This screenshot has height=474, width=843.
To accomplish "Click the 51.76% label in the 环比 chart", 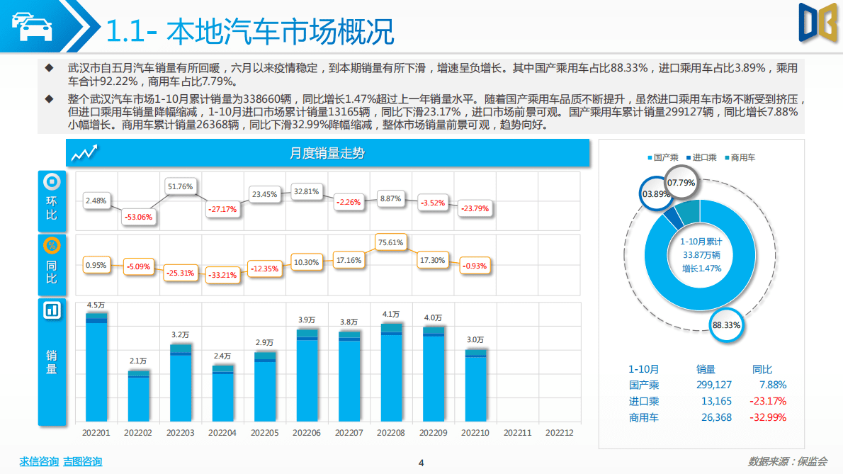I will [180, 186].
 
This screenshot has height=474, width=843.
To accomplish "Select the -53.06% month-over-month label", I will [138, 217].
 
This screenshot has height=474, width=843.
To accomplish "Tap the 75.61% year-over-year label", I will [390, 242].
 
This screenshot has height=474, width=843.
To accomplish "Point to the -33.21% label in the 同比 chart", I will [222, 275].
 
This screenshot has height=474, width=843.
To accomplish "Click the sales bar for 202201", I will [96, 368].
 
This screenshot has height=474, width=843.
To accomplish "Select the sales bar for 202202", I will [139, 397].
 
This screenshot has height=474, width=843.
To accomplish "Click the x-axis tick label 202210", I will [475, 433].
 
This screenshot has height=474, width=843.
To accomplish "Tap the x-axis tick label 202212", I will [559, 433].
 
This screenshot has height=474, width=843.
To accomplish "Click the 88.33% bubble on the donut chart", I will [726, 325].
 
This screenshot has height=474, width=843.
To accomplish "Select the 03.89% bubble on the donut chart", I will [655, 193].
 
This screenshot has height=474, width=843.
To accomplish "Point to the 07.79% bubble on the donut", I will [682, 182].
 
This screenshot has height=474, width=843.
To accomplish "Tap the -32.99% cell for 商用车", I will [769, 417].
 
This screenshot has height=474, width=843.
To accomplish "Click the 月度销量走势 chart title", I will [327, 153].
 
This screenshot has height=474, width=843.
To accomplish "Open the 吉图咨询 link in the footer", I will [82, 461].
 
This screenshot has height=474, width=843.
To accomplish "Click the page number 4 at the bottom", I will [421, 463].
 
